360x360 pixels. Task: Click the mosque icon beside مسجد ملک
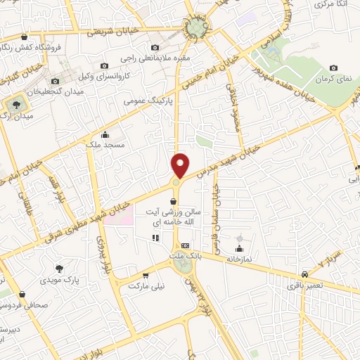pyautogui.click(x=105, y=134)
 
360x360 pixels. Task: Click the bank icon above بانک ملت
pyautogui.click(x=185, y=245)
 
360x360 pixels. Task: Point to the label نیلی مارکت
pyautogui.click(x=146, y=287)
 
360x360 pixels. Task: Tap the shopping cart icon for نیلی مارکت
pyautogui.click(x=146, y=276)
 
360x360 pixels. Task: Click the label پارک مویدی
pyautogui.click(x=61, y=279)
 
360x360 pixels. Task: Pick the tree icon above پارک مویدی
pyautogui.click(x=60, y=268)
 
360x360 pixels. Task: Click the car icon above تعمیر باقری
pyautogui.click(x=304, y=274)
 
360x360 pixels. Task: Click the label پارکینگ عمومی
pyautogui.click(x=145, y=101)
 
